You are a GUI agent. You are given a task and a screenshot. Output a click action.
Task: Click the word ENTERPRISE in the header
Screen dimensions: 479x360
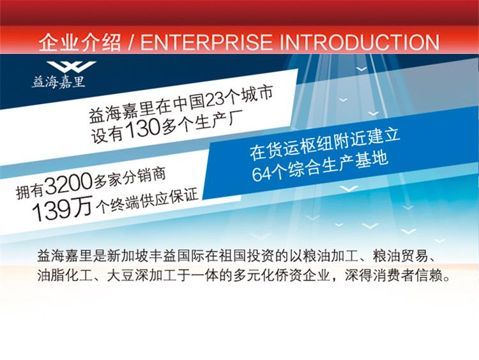[x=206, y=42]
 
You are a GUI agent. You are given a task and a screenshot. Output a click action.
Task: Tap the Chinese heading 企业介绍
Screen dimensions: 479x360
[x=80, y=42]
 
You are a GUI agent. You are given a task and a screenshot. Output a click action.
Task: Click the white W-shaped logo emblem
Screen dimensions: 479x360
[x=72, y=66]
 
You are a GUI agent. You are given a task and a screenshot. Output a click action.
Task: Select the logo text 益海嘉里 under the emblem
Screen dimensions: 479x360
[x=58, y=82]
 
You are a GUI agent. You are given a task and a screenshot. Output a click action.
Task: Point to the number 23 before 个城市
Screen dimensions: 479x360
[x=215, y=99]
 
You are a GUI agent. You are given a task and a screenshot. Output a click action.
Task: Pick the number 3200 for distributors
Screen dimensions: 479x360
[x=69, y=184]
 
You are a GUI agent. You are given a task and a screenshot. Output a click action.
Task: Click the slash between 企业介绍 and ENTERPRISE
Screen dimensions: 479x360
[x=131, y=42]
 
